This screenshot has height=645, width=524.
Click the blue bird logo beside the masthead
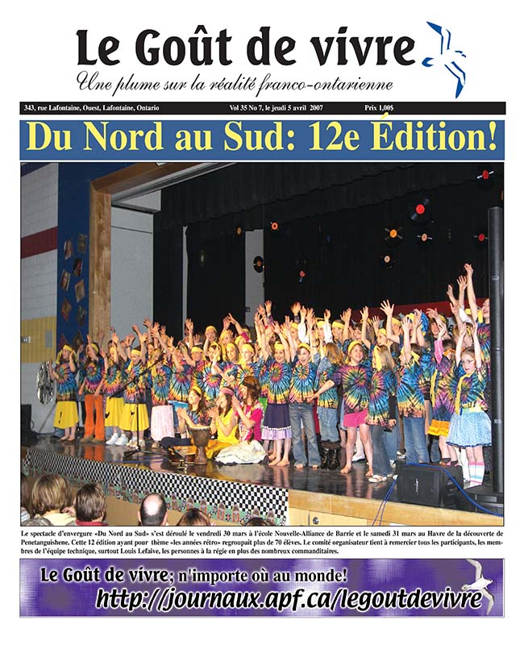click(445, 56)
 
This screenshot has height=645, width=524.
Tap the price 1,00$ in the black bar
click(393, 107)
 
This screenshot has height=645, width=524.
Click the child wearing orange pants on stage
click(96, 420)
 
